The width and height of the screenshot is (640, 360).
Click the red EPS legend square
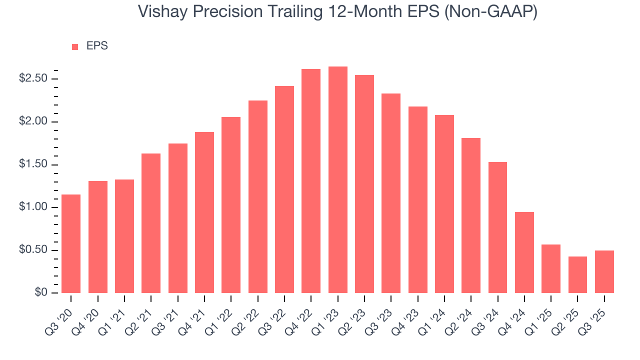[x=75, y=46]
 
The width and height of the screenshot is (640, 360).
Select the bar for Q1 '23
[x=337, y=180]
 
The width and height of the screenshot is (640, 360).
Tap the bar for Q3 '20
[x=71, y=243]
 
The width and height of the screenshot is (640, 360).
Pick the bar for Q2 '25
[x=577, y=274]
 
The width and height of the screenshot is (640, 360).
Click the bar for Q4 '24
[x=524, y=252]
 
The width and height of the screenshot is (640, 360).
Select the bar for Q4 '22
[x=311, y=181]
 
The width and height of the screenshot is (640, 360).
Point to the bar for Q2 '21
[x=151, y=223]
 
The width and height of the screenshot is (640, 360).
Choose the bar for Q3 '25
[x=604, y=271]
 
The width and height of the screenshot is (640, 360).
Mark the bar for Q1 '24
[x=444, y=204]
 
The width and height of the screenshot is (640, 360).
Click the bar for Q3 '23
[x=391, y=193]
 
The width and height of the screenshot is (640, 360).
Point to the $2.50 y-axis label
[x=33, y=79]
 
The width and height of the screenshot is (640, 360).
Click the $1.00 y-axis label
[x=33, y=207]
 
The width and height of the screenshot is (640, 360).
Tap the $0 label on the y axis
[x=41, y=293]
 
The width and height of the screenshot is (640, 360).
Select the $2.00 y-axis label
[x=33, y=122]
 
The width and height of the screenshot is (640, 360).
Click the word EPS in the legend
[x=97, y=46]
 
